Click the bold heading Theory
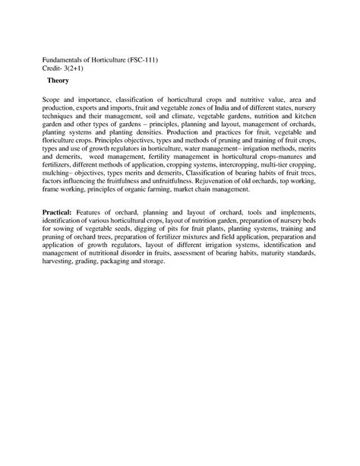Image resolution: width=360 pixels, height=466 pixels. [x=58, y=80]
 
